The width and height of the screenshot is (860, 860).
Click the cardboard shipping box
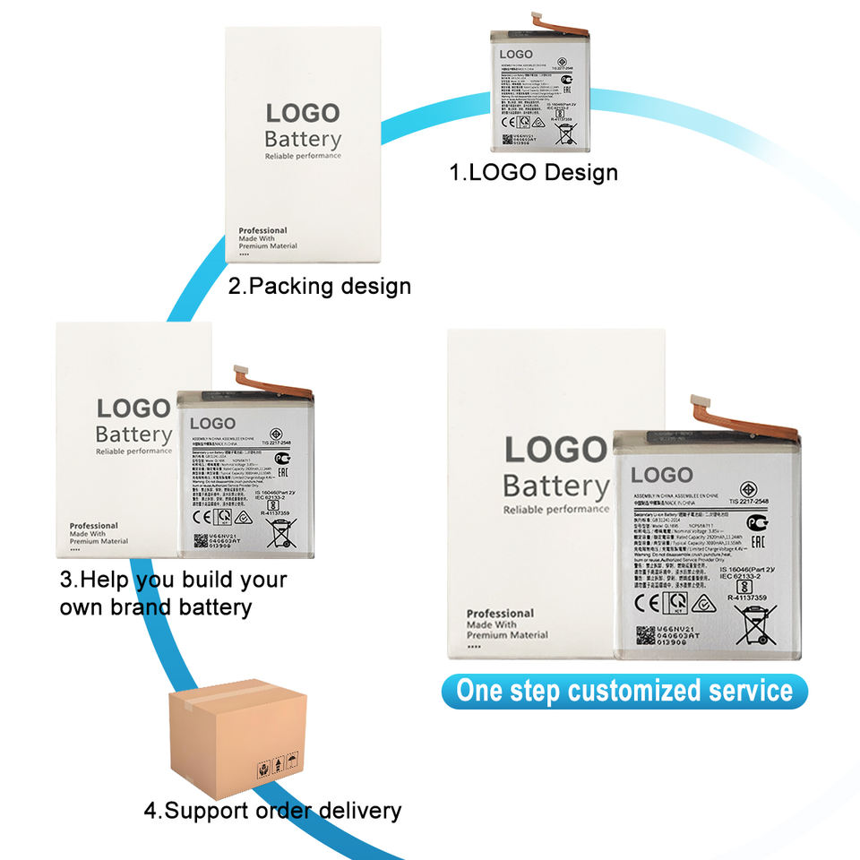237,734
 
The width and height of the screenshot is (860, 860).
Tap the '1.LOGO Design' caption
533,172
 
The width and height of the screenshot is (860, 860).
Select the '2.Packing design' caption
319,286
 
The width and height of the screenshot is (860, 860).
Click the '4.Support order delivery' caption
272,811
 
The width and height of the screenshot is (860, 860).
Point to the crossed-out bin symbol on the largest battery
755,623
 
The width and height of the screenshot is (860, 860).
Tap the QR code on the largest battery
645,635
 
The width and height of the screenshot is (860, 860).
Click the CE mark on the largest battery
648,603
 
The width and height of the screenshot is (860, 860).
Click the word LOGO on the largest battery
662,475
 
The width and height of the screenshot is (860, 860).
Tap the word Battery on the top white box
303,140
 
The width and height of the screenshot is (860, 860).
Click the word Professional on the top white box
262,230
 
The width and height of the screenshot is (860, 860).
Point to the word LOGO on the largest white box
555,450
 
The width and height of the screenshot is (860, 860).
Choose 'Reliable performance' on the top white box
303,157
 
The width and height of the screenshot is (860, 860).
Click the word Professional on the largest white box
500,613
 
